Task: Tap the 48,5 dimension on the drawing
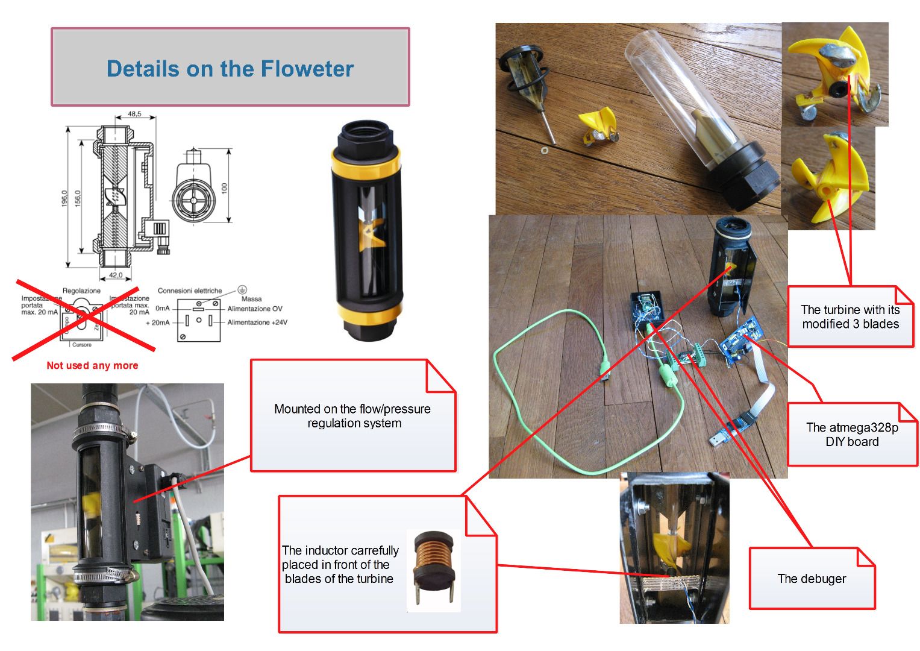134,113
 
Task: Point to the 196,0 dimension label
64,198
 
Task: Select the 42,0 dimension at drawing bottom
115,275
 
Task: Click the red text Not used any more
92,365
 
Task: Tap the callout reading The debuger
811,579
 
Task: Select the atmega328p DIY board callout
851,435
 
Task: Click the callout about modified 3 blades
850,316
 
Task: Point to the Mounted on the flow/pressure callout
352,416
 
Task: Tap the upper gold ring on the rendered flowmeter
366,159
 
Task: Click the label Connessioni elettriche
190,291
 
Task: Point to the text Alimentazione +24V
257,322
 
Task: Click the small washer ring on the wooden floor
545,149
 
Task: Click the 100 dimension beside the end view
224,189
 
